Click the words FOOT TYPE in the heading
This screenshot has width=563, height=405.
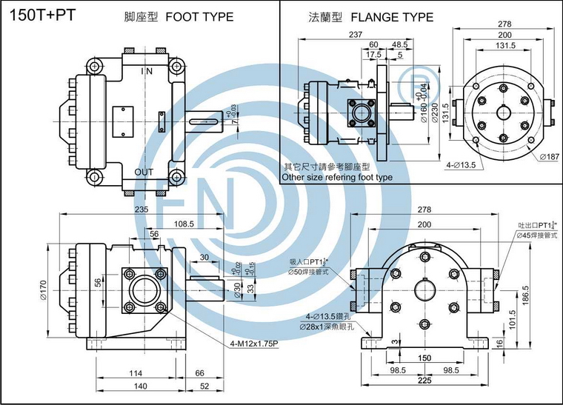point(200,16)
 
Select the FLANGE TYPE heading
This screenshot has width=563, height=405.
point(393,16)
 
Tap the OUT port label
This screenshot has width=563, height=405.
point(144,172)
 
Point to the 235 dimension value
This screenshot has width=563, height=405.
point(141,210)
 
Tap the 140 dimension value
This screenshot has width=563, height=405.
point(136,386)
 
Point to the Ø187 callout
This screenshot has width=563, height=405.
point(549,156)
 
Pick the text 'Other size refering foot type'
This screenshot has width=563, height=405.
point(338,178)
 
